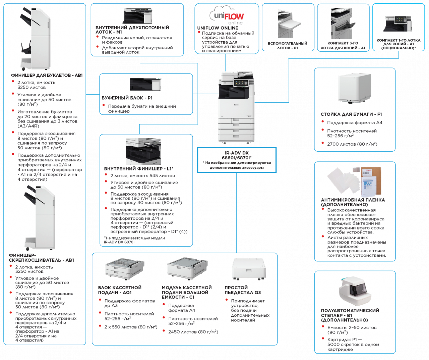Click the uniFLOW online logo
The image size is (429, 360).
click(x=227, y=16)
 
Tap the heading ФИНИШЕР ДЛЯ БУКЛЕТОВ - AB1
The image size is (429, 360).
click(x=47, y=75)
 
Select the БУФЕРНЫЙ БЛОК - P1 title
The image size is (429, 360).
click(x=127, y=98)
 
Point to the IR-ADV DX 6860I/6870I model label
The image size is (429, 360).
click(x=237, y=155)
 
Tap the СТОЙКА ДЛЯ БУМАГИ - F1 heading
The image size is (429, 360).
click(x=351, y=114)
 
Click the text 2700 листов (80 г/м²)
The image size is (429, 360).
click(x=352, y=144)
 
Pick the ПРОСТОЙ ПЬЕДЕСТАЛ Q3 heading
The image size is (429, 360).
click(x=243, y=290)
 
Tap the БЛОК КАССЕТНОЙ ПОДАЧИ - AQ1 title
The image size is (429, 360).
click(x=120, y=290)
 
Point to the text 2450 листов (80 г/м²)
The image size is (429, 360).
click(x=193, y=331)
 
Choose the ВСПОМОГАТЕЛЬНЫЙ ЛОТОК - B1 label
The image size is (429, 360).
click(x=287, y=46)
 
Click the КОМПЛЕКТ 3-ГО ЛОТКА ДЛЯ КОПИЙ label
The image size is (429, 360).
click(x=343, y=46)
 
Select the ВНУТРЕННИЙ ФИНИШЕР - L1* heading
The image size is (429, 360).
click(x=139, y=168)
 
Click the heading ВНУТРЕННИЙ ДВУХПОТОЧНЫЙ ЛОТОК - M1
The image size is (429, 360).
click(x=132, y=30)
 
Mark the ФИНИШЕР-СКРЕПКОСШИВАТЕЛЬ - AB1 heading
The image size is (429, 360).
click(x=42, y=258)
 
